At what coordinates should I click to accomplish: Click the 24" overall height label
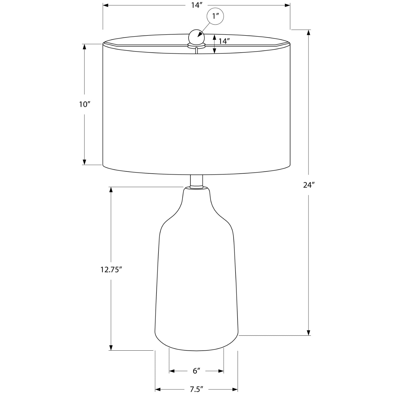308,185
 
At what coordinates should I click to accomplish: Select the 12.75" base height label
111,270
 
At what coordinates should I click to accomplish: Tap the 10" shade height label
84,104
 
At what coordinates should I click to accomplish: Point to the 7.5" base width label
196,389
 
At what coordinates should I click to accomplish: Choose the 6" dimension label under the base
196,371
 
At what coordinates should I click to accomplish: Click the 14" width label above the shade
197,5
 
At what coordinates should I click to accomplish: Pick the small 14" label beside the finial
224,41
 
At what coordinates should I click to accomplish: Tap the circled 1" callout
215,16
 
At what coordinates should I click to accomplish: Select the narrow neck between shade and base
196,181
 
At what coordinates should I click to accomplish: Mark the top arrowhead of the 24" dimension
309,32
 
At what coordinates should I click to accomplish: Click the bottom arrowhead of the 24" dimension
309,333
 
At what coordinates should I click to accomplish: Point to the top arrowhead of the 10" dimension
84,46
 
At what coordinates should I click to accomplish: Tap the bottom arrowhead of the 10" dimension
84,162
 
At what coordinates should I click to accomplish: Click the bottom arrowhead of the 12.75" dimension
111,348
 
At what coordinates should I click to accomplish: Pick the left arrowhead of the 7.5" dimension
158,389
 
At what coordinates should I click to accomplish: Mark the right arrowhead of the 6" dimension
221,371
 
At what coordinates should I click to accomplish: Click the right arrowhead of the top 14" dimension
287,5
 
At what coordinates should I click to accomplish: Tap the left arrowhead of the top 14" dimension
106,5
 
